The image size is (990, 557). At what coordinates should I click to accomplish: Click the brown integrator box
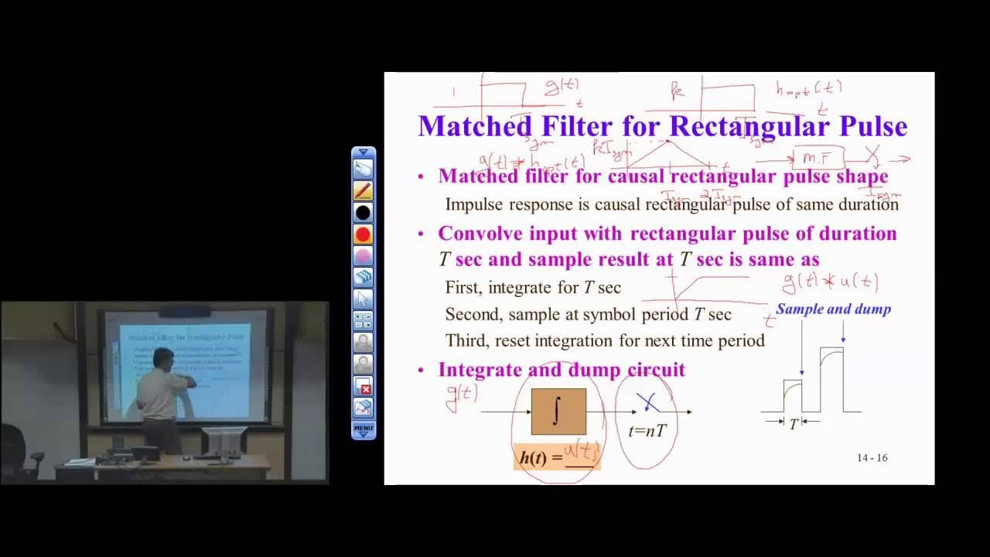(x=558, y=412)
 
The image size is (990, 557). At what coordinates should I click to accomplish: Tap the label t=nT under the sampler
(x=647, y=431)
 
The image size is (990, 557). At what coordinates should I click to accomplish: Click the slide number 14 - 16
(x=872, y=458)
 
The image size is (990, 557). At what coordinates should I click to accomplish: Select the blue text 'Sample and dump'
(x=833, y=309)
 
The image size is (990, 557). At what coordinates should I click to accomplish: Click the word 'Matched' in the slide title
(x=475, y=126)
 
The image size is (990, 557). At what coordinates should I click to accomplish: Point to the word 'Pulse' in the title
(x=869, y=126)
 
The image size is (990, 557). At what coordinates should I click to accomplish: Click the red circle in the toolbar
(x=363, y=234)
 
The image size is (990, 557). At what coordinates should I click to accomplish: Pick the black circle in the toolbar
(x=363, y=212)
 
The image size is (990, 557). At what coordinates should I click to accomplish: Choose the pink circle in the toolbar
(x=363, y=256)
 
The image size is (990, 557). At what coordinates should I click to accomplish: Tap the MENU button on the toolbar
(x=363, y=429)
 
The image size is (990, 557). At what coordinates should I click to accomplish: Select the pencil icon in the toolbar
(x=363, y=190)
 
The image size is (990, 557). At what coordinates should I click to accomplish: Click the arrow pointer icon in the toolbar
(x=363, y=299)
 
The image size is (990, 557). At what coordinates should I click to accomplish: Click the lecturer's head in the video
(x=163, y=358)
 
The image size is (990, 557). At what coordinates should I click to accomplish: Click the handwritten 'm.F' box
(x=816, y=159)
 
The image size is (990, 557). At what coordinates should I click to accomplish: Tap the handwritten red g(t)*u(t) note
(x=830, y=282)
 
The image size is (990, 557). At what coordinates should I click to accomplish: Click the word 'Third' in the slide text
(x=465, y=341)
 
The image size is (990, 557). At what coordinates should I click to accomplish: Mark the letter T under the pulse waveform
(x=793, y=425)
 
